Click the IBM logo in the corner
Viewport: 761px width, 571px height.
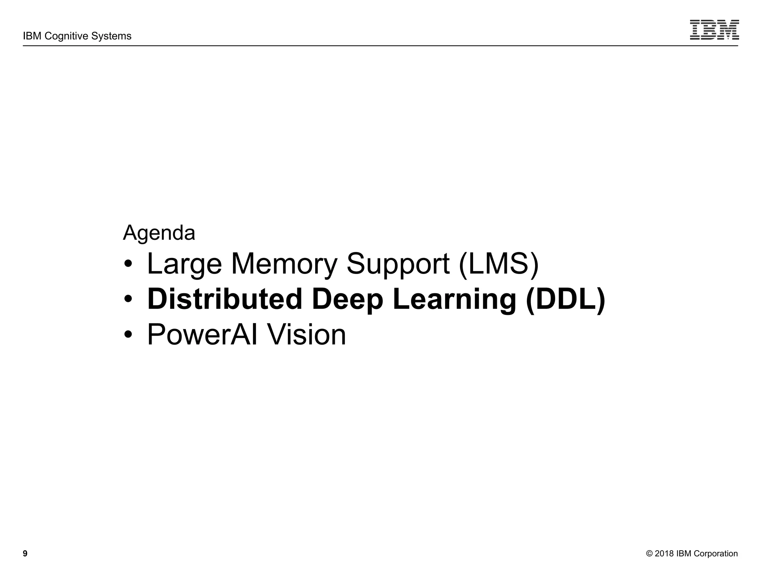point(714,30)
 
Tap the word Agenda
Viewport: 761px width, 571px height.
point(159,233)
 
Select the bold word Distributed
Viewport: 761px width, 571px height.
point(225,299)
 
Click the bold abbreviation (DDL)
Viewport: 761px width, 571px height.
point(566,299)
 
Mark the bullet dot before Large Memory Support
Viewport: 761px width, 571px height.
point(128,265)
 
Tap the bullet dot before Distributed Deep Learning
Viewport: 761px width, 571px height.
point(128,300)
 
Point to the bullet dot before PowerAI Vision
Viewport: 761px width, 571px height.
point(128,335)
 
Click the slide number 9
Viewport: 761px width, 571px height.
point(25,554)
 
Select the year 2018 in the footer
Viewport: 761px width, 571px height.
point(664,554)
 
